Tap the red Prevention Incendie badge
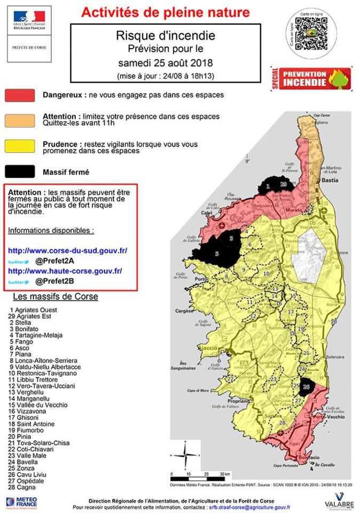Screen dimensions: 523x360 click(x=311, y=79)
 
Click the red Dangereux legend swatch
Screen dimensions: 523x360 click(x=20, y=96)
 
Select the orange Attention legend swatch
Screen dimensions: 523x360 click(x=20, y=120)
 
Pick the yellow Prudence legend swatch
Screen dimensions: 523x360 click(x=20, y=146)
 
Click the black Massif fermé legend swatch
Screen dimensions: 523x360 click(x=20, y=171)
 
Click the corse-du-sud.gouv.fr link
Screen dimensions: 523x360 click(x=67, y=250)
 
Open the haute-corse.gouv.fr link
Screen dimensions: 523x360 click(x=65, y=271)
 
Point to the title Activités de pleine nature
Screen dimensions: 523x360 click(x=165, y=13)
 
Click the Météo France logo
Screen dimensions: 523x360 click(x=21, y=502)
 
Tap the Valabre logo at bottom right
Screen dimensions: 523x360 click(x=339, y=504)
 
